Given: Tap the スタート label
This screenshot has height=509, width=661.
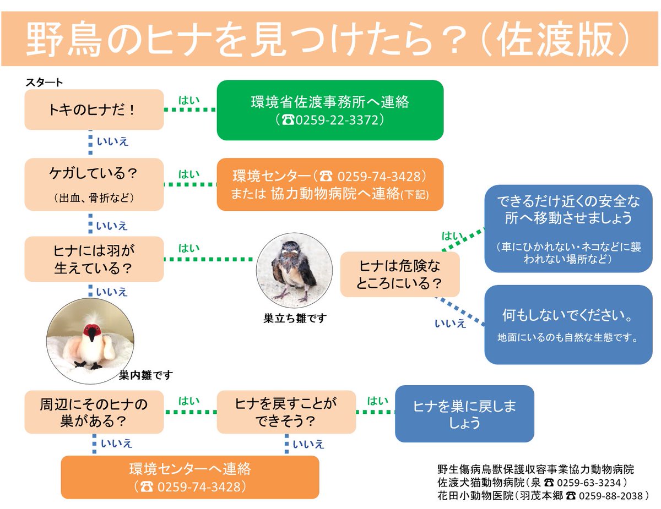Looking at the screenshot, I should coord(44,83).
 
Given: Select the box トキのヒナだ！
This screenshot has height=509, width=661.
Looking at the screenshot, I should coord(94,110).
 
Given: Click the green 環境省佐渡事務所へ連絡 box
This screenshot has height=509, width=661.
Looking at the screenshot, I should coord(329,110).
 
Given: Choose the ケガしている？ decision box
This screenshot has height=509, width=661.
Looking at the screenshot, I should coord(94,184).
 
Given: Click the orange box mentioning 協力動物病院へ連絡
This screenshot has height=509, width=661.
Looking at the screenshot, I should coord(329,184).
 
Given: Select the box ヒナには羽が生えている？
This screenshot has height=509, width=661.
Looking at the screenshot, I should coord(94,259).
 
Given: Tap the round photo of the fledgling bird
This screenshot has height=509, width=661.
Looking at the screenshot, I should coord(294,269).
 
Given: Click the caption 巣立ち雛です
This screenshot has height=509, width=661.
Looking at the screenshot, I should coord(295,318).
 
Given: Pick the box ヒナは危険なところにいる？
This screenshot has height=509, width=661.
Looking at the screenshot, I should coord(399,275).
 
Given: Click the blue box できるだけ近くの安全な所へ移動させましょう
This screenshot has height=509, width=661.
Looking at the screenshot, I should coord(568,228).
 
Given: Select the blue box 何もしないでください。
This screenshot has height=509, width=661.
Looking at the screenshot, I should coord(568,324).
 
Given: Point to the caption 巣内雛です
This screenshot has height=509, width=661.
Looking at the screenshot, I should coord(146,375).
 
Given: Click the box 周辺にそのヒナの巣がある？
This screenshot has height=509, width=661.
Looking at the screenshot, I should coord(94,412).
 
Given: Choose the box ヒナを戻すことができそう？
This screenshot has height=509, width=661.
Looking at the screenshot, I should coord(286,412).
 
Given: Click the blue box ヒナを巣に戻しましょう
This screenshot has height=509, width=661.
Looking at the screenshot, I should coord(464,414).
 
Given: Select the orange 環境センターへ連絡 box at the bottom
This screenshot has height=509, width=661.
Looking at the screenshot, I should coord(189,477).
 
